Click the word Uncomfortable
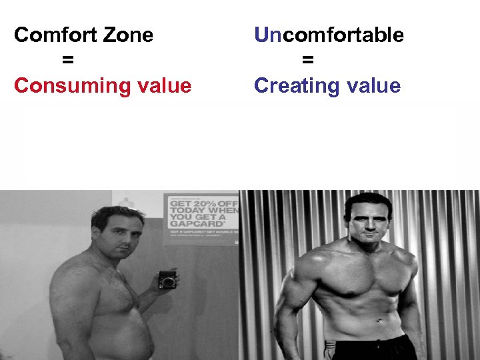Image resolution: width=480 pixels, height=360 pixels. point(329,35)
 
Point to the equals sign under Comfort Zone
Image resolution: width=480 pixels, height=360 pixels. point(67,60)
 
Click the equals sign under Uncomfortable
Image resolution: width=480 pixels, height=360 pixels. point(307,60)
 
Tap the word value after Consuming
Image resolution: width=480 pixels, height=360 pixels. point(162,85)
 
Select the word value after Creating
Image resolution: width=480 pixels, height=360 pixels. point(371,85)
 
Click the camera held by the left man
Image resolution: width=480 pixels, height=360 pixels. point(167,279)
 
